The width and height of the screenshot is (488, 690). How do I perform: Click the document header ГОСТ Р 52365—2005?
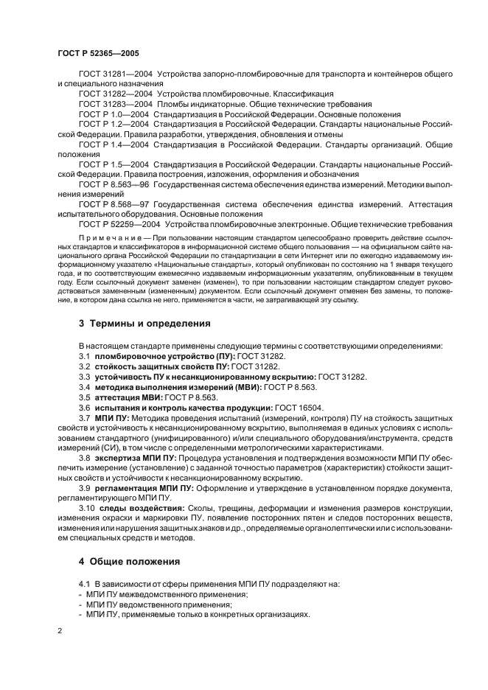tap(98, 54)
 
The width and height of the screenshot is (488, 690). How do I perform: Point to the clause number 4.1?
tap(84, 584)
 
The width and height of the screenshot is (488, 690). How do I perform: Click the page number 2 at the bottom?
tap(60, 632)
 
